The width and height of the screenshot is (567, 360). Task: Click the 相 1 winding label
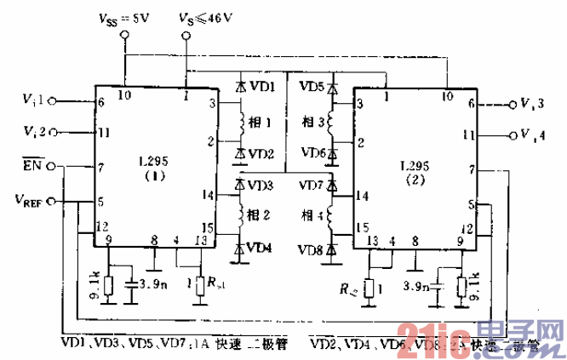[x=261, y=122]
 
